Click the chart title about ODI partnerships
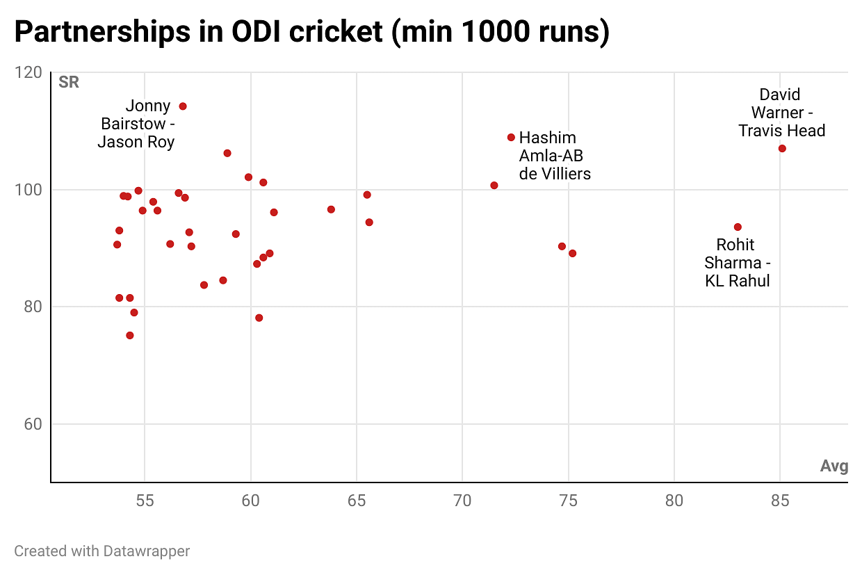(311, 33)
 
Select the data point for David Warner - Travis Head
(782, 149)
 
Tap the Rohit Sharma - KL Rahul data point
(738, 227)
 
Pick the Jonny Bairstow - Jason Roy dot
(183, 106)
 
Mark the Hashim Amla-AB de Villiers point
(511, 138)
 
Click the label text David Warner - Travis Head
(781, 113)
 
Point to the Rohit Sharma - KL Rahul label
(737, 263)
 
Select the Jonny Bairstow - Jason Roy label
(136, 124)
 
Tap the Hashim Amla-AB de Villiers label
(555, 156)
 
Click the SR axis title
(69, 82)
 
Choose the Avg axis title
(834, 466)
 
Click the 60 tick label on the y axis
(33, 424)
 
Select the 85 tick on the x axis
(780, 501)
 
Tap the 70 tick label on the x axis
(462, 501)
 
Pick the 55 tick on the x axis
(145, 501)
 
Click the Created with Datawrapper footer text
(102, 551)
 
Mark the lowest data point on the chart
(130, 336)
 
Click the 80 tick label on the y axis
(33, 307)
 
